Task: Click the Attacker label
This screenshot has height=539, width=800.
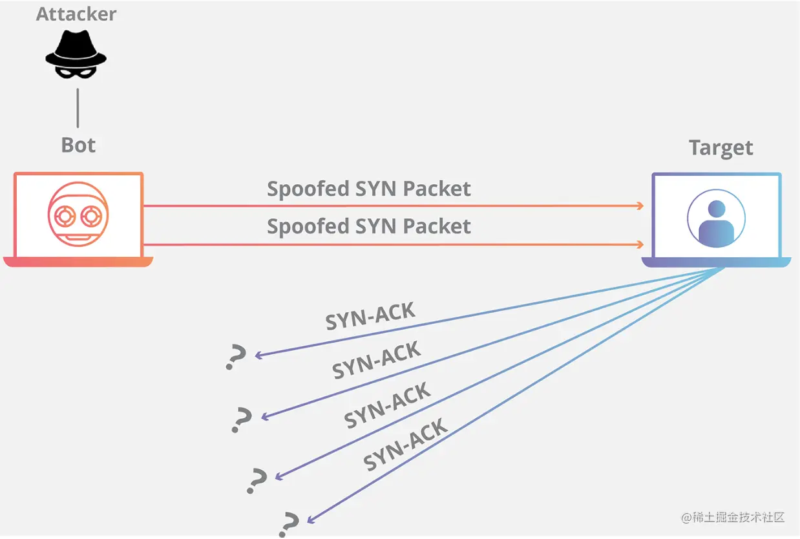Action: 76,14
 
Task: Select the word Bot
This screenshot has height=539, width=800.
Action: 78,145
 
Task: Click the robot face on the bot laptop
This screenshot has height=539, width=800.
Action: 78,213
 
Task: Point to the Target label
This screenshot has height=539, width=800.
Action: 721,147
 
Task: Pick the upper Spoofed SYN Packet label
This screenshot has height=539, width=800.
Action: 369,189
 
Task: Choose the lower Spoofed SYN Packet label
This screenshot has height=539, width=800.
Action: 369,226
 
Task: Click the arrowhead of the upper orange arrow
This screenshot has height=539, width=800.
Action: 640,206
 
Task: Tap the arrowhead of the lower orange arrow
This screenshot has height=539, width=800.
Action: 640,244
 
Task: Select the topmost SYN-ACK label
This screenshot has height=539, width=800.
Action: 370,316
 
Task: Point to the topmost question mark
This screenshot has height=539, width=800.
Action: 236,357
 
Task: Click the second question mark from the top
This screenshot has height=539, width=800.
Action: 242,420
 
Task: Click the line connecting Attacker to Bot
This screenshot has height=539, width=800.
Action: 78,108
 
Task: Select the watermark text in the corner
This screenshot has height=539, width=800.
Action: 732,518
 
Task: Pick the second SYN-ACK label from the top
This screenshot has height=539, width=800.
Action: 377,359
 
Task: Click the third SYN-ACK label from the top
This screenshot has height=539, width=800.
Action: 387,405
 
